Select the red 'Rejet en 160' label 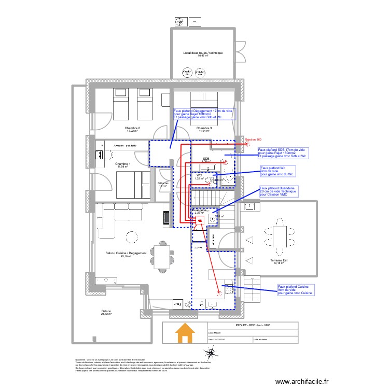pos(253,140)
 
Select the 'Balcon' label pos(106,312)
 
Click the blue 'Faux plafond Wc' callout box pos(277,171)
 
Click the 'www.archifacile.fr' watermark pos(302,382)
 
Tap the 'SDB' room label pos(206,159)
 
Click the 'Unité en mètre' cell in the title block pos(275,340)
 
